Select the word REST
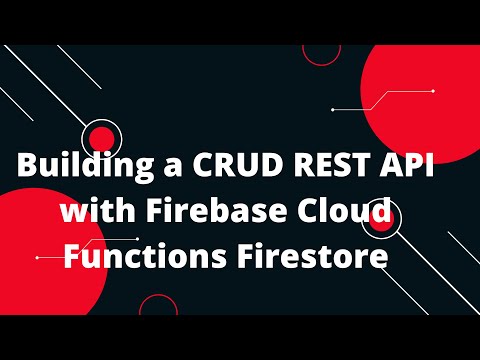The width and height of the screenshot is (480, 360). point(334,168)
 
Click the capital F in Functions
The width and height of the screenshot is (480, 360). point(73,257)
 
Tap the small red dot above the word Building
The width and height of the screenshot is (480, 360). point(101,138)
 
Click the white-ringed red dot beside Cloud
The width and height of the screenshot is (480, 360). point(383,219)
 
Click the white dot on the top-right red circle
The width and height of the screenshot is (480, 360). point(432,91)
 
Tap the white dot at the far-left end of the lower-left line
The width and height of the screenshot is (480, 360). point(37,257)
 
